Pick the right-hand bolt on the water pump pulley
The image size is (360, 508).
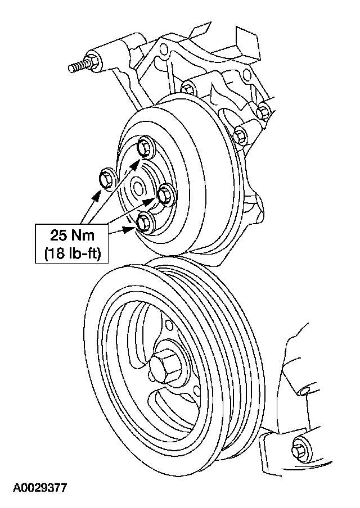click(165, 194)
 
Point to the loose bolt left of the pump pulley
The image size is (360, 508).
click(106, 179)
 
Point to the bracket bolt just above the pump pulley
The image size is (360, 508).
click(189, 89)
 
